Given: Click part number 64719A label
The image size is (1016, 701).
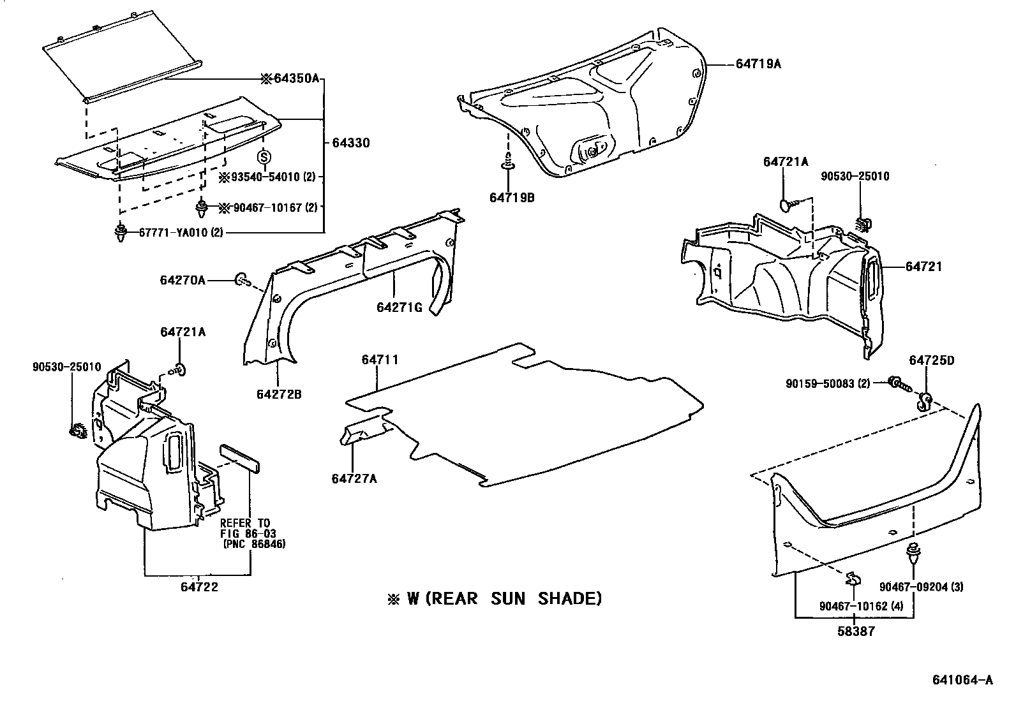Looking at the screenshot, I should (758, 64).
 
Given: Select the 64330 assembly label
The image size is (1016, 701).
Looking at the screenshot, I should (350, 143).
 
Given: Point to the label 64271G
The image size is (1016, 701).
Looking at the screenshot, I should (400, 307).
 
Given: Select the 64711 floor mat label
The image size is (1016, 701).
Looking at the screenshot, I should (380, 360).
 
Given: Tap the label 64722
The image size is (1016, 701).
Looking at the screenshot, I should (198, 587).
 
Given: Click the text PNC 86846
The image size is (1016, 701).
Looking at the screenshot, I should (255, 544).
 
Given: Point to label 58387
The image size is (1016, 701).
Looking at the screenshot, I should (856, 631).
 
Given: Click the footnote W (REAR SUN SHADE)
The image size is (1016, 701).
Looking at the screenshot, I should (495, 598).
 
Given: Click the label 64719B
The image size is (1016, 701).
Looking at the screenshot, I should (512, 198).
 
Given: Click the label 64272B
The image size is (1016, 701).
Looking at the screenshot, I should (279, 394).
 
